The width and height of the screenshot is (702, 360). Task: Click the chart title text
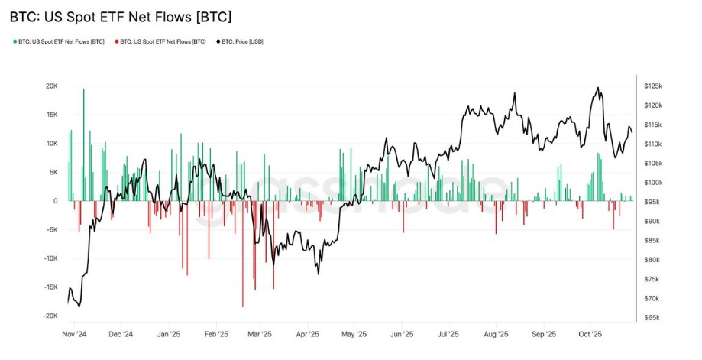point(120,15)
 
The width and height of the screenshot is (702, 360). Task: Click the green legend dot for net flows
point(15,41)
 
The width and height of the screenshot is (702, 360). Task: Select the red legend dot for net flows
point(116,41)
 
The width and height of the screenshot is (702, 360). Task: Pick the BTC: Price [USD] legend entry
point(243,41)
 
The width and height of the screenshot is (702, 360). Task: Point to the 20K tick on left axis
point(51,86)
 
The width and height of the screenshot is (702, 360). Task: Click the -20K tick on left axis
point(50,316)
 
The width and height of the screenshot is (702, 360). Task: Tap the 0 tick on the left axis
point(56,201)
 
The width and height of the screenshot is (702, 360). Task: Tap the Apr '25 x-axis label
point(307,334)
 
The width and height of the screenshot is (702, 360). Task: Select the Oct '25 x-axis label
point(590,334)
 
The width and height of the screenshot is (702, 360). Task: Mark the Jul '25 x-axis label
point(448,334)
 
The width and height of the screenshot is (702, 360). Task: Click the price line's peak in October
point(597,88)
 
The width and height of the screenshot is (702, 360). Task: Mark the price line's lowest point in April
point(318,274)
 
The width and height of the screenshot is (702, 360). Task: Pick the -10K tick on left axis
point(50,258)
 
